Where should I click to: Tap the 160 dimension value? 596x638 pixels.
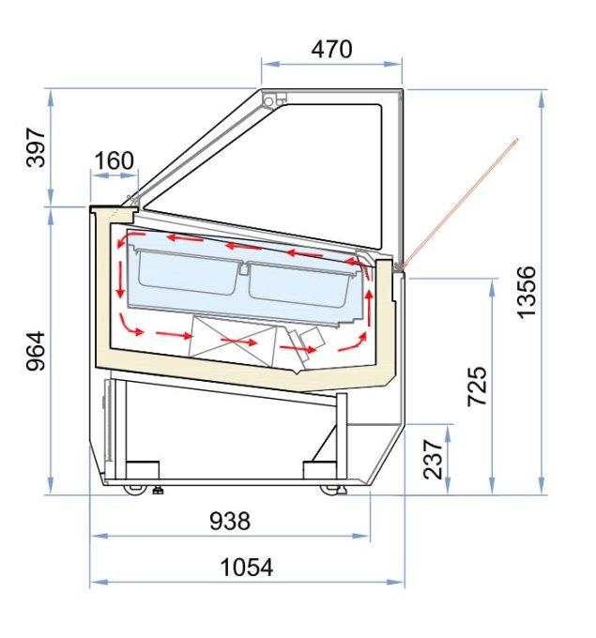[115, 160]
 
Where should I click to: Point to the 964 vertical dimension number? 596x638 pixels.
[36, 349]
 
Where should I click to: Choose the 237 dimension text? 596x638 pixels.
[434, 459]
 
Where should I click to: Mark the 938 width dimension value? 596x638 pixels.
[229, 520]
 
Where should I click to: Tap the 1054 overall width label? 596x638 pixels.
[246, 567]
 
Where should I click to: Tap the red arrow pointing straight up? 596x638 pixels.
[369, 302]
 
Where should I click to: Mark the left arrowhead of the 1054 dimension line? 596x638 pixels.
[95, 583]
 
